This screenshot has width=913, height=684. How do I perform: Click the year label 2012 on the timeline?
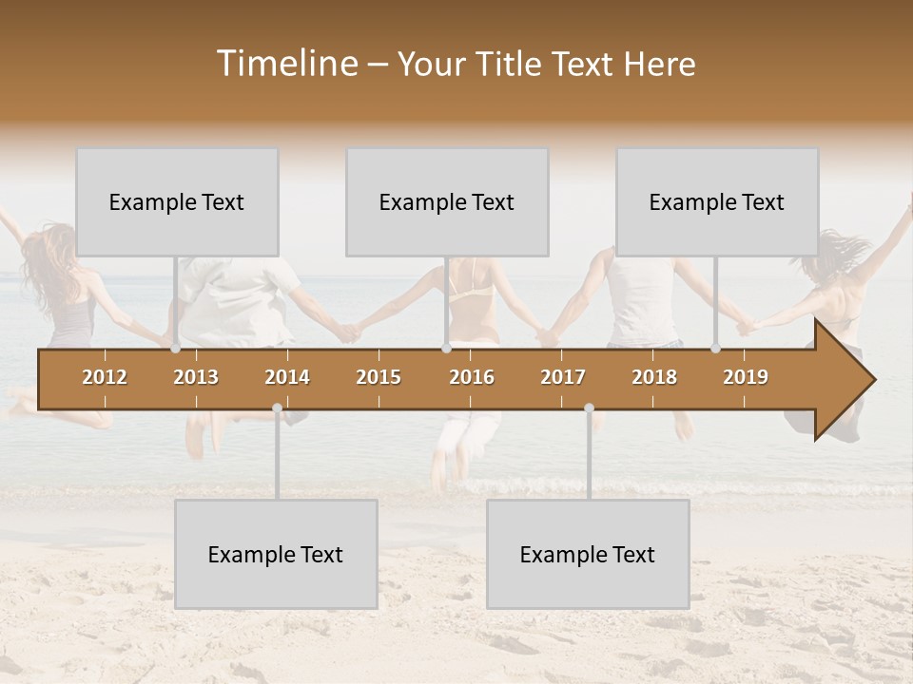pos(105,377)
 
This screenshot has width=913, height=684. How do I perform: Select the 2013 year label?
pos(196,377)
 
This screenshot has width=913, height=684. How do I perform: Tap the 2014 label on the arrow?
pos(287,377)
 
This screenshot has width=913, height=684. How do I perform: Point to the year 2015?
pos(379,377)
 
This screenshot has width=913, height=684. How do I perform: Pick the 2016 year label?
pos(472,377)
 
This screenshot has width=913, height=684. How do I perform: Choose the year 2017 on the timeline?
pos(563,377)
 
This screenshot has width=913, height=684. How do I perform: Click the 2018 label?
pos(654,377)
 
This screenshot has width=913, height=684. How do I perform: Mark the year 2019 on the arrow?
pos(746,377)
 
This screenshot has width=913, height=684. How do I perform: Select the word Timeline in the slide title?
pos(285,64)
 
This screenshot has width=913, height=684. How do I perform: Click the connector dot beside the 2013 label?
pos(176,349)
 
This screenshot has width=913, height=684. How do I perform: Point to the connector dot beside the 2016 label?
pos(446,349)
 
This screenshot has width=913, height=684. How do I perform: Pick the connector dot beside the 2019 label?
pos(716,349)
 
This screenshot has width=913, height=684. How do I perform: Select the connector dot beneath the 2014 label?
pos(277,408)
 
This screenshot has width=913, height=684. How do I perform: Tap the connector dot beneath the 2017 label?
pos(589,408)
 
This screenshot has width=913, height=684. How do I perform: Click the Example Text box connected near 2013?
pos(177,202)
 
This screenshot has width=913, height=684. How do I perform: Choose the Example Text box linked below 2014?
pos(276,555)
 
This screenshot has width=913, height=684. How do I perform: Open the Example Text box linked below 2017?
pos(588,555)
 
